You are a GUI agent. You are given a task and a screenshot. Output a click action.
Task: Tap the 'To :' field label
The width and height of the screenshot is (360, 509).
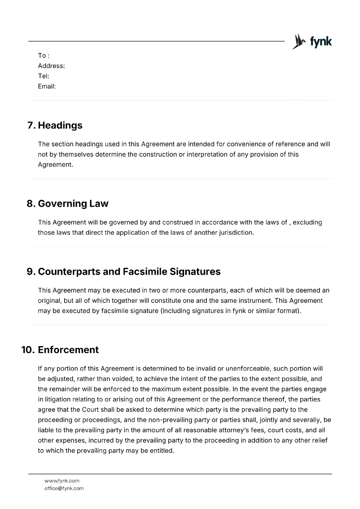(x=44, y=56)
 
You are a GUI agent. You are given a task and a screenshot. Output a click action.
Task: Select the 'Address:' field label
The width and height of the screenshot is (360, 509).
(x=51, y=66)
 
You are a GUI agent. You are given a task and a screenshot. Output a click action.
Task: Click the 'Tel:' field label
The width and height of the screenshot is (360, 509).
(x=43, y=76)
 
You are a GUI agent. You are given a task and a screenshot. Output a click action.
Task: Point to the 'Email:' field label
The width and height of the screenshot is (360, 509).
(x=47, y=86)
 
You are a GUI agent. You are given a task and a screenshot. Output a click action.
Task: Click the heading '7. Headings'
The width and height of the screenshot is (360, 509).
(x=55, y=125)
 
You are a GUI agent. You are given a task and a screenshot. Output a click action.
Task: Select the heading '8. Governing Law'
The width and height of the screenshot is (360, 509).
(x=67, y=204)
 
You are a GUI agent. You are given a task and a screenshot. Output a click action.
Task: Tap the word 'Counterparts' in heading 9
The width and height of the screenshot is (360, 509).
(x=79, y=272)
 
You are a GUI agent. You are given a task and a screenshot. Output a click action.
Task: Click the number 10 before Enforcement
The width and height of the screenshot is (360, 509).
(x=28, y=350)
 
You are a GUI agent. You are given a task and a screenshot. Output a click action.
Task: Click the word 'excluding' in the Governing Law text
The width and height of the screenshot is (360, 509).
(x=307, y=222)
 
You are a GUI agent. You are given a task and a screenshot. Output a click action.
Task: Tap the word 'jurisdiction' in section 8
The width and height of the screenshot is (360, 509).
(x=236, y=233)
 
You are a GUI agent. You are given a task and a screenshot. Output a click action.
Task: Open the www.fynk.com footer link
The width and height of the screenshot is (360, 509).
(x=62, y=481)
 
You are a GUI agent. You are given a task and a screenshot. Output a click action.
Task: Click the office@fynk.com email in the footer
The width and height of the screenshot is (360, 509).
(x=64, y=488)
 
